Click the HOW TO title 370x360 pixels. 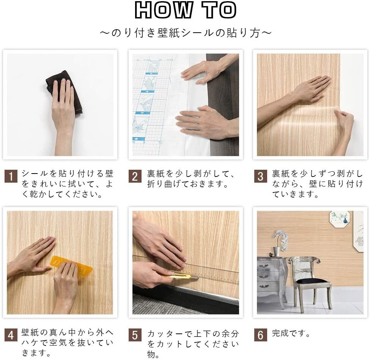(x=185, y=10)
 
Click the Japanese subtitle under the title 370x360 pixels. (x=185, y=33)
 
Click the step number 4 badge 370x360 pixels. (x=11, y=335)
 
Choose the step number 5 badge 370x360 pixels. (x=135, y=335)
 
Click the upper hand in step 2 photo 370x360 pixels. (x=203, y=70)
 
